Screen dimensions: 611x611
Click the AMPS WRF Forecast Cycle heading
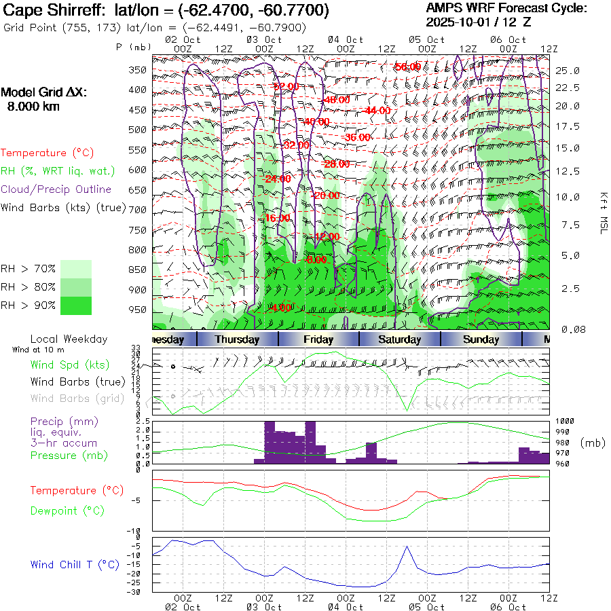(x=506, y=8)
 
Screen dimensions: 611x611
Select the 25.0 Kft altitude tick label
(x=567, y=71)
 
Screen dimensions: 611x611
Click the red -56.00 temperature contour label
(x=407, y=67)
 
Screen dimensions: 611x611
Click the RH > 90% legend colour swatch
(x=76, y=305)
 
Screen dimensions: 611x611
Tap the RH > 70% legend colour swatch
(x=76, y=269)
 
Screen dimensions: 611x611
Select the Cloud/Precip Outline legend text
(x=56, y=189)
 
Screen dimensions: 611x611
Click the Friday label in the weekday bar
(x=318, y=339)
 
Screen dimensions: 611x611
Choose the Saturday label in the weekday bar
(x=400, y=339)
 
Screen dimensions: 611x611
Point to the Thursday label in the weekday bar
(x=237, y=339)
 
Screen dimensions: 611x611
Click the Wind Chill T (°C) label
(x=75, y=564)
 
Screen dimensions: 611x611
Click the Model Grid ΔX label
(x=44, y=93)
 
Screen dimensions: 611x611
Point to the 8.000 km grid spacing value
(x=33, y=106)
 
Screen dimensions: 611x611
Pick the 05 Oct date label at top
(x=426, y=39)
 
